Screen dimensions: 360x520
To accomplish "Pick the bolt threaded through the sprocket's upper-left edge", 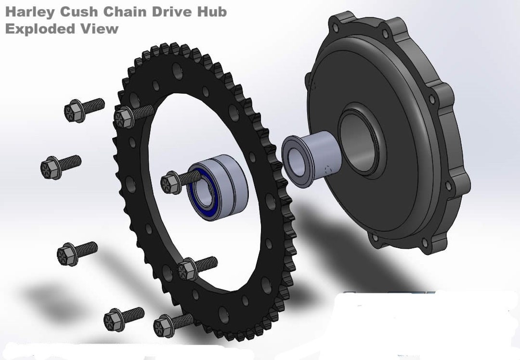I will (x=124, y=117).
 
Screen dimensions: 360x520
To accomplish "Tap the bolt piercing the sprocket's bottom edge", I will (x=164, y=326).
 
